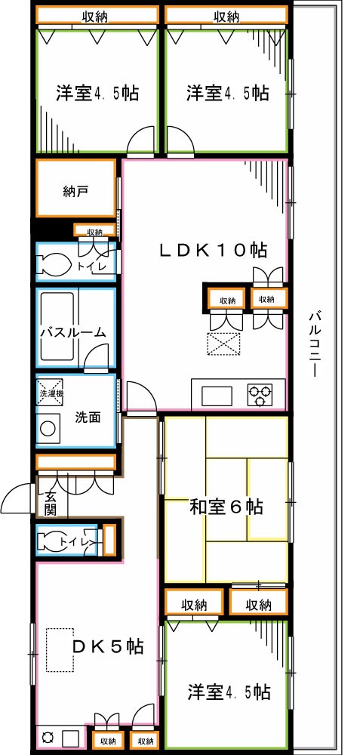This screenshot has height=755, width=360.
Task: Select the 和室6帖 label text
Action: pos(226,507)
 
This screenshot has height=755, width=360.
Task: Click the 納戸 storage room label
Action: pos(75,191)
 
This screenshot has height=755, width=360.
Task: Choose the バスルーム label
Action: pos(72,333)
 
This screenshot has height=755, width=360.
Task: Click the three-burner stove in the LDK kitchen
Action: pos(261,393)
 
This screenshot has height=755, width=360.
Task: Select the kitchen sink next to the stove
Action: pos(217,394)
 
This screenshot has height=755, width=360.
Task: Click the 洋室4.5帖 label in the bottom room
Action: pos(229,691)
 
